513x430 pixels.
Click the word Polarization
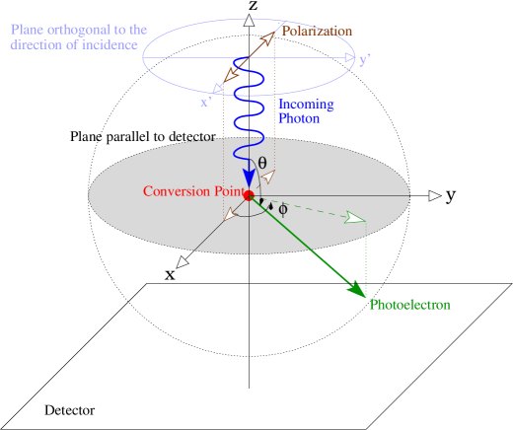[x=317, y=31]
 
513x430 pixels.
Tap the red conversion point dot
[x=249, y=194]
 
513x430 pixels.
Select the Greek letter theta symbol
[x=262, y=163]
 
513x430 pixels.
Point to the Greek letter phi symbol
[x=283, y=209]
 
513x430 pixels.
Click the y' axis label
[x=365, y=59]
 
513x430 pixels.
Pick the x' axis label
[x=206, y=102]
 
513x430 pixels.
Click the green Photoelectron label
[x=409, y=305]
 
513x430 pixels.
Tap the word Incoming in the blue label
[x=306, y=105]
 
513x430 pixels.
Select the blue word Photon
[x=299, y=118]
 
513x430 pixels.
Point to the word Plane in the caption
[x=28, y=30]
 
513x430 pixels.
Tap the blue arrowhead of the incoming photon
[x=249, y=178]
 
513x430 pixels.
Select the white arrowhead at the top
[x=250, y=20]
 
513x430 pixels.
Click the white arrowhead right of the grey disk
[x=435, y=196]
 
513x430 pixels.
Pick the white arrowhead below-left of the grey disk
[x=182, y=262]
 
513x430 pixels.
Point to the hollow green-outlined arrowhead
[x=355, y=217]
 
